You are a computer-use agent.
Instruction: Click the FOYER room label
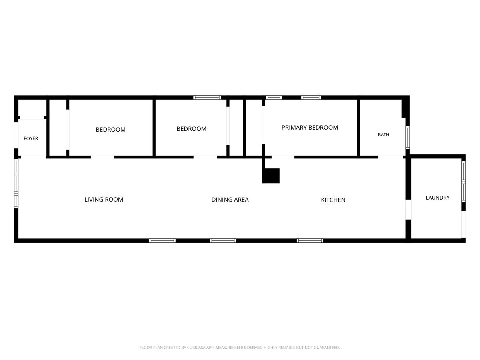point(31,138)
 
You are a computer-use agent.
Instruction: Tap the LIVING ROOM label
point(104,200)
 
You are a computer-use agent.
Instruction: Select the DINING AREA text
point(230,200)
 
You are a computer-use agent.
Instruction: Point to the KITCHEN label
point(333,200)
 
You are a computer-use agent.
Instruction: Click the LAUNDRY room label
point(437,198)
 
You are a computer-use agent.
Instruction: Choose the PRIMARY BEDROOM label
point(310,128)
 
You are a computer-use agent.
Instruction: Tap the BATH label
point(383,135)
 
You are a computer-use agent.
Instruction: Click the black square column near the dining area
point(271,176)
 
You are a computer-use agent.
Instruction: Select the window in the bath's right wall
point(408,138)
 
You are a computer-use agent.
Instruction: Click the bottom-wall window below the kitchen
point(310,241)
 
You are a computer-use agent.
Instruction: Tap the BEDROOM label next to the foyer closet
point(110,130)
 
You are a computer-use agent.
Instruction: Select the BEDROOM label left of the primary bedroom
point(191,129)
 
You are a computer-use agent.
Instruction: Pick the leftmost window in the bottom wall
point(162,241)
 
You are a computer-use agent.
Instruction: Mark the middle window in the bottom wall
point(223,241)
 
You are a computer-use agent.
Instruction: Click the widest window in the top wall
point(207,98)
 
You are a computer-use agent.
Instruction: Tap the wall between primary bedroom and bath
point(358,128)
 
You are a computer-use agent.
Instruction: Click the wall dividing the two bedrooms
point(154,128)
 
